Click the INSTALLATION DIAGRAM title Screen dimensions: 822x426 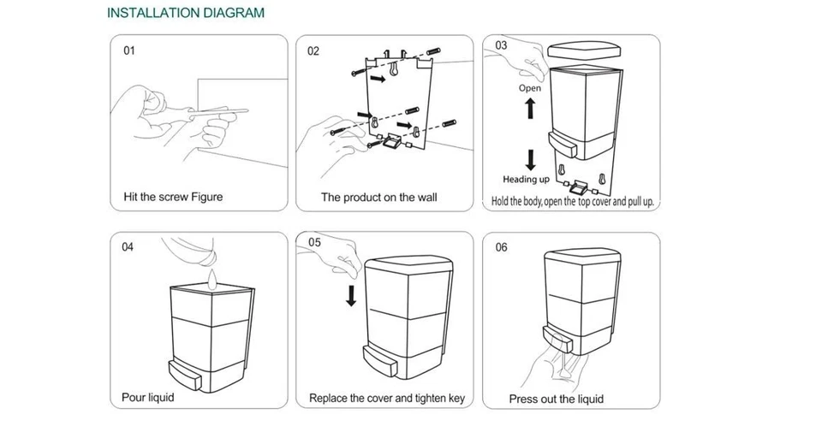[x=186, y=13]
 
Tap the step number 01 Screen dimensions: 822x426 [x=129, y=50]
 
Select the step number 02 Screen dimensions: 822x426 [x=313, y=50]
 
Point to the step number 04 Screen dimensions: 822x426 [x=128, y=247]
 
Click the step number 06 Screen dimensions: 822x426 [x=502, y=247]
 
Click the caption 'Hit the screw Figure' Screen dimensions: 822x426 [x=173, y=197]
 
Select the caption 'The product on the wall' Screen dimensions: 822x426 [x=379, y=198]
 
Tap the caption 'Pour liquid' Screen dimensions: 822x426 [x=148, y=397]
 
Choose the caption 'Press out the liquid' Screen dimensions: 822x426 [x=557, y=399]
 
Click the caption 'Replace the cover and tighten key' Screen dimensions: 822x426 [x=387, y=399]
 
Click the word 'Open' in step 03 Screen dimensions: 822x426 [x=529, y=88]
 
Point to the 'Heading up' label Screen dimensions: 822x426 [x=527, y=179]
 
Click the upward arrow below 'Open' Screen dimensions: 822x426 [x=530, y=108]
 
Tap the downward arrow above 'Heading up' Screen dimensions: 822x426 [x=531, y=160]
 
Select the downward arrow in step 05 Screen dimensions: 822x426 [x=351, y=296]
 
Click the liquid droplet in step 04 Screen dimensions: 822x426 [x=211, y=279]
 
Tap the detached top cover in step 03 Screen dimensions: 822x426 [x=584, y=50]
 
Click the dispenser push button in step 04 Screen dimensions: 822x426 [x=185, y=376]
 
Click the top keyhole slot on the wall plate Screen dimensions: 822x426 [x=394, y=69]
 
